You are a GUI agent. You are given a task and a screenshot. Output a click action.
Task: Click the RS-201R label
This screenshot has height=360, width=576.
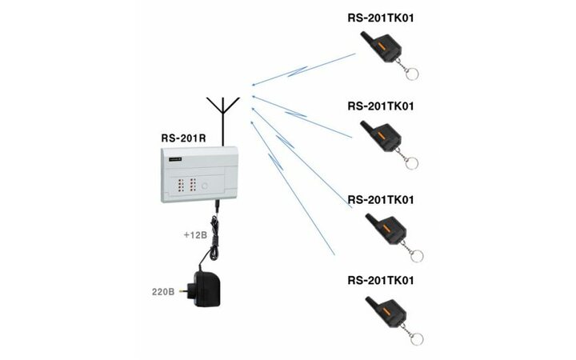(x=184, y=138)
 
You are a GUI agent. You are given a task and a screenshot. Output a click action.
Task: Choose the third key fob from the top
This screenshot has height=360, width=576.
(x=388, y=230)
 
